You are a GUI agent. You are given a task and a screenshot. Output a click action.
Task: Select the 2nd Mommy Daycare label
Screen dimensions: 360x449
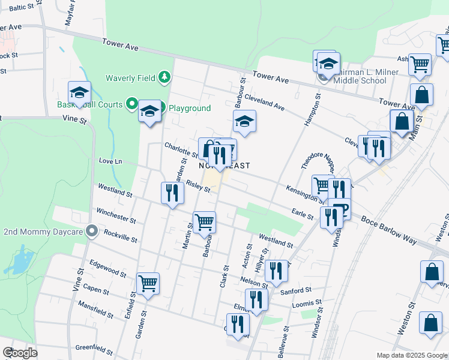click(x=43, y=231)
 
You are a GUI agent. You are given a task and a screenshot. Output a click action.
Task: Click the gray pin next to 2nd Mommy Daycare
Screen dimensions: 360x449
click(x=91, y=231)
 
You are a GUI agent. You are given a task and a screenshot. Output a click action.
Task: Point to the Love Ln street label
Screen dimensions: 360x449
click(x=110, y=161)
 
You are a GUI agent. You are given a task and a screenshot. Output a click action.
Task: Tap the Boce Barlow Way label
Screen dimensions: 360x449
click(x=389, y=230)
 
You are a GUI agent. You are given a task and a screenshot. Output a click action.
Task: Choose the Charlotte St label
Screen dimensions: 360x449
click(x=181, y=150)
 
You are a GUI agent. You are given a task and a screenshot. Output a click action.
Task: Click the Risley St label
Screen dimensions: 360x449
click(x=198, y=187)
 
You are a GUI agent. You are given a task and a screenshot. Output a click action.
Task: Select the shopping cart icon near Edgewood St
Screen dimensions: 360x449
click(x=148, y=283)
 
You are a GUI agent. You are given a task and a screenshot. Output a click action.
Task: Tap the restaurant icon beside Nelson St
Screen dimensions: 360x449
click(x=276, y=270)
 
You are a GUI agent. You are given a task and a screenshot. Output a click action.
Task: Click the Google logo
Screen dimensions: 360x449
click(x=20, y=353)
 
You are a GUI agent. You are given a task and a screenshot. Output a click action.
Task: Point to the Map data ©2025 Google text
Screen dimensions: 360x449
click(x=411, y=355)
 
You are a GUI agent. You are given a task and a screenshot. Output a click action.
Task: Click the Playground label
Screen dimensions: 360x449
click(x=189, y=108)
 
